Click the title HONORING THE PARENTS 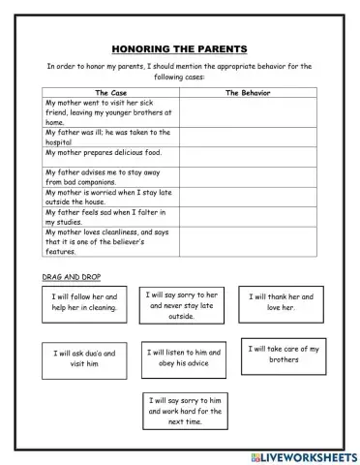point(179,48)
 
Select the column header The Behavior point(247,93)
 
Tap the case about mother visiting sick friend point(108,112)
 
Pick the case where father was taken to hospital point(108,137)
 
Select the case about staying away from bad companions point(108,177)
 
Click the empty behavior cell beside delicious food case point(247,155)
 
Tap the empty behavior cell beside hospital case point(247,137)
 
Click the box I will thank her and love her point(281,302)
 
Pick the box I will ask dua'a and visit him point(84,359)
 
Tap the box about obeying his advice point(185,358)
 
